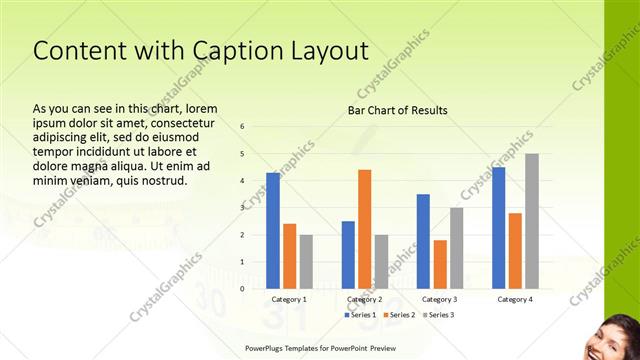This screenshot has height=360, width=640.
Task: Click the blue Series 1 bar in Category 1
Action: coord(273,230)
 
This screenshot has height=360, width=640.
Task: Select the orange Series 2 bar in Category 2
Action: coord(364,229)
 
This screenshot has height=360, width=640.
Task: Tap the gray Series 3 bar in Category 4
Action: coord(531,221)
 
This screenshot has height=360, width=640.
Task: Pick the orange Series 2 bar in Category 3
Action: coord(440,264)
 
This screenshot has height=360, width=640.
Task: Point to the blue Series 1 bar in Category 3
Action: coord(423,241)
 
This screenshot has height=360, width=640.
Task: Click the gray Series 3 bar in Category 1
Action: coord(306,261)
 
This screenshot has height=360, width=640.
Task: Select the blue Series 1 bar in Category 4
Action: coord(498,227)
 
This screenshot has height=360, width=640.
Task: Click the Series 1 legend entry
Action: coord(360,315)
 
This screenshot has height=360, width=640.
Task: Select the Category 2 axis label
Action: coord(364,299)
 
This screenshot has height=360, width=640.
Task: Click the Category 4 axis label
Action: coord(514,299)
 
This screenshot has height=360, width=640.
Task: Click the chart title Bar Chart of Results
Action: coord(397,110)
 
